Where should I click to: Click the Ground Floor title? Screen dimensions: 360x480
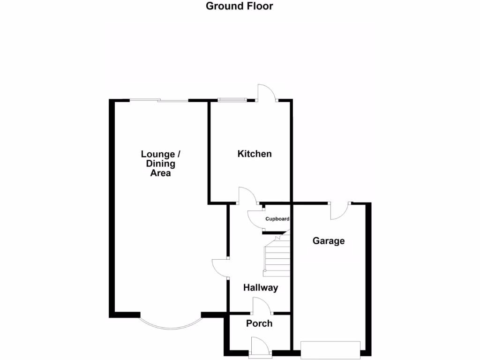[x=240, y=6]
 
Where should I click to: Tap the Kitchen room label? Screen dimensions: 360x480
[x=255, y=154]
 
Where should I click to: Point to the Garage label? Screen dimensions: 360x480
[x=329, y=241]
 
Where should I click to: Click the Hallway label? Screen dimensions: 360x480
[x=261, y=288]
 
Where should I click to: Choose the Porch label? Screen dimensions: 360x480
[x=259, y=323]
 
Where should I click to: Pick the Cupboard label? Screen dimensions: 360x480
[x=277, y=219]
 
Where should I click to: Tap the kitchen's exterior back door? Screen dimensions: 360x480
[x=266, y=93]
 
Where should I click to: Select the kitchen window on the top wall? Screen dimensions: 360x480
[x=232, y=99]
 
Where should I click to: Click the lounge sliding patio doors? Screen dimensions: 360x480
[x=159, y=100]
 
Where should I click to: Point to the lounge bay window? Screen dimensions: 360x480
[x=171, y=324]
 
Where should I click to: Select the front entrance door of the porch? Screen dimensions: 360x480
[x=260, y=348]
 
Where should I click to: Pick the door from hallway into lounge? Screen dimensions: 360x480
[x=220, y=268]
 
